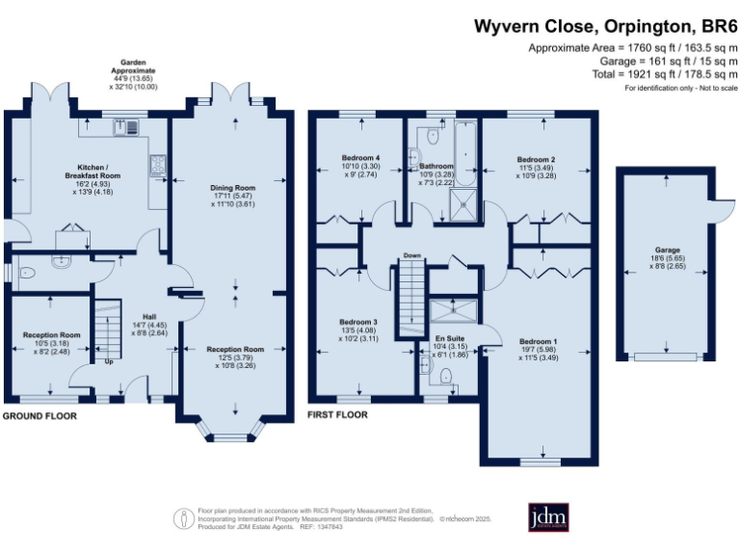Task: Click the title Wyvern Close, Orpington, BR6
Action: coord(605,26)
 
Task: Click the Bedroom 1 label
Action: coord(539,341)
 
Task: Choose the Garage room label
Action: coord(667,250)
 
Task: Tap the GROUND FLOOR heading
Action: coord(40,416)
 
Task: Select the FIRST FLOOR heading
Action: coord(337,416)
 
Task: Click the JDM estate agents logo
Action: coord(548,516)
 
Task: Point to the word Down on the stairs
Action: coord(411,256)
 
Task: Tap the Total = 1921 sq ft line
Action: coord(647,73)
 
